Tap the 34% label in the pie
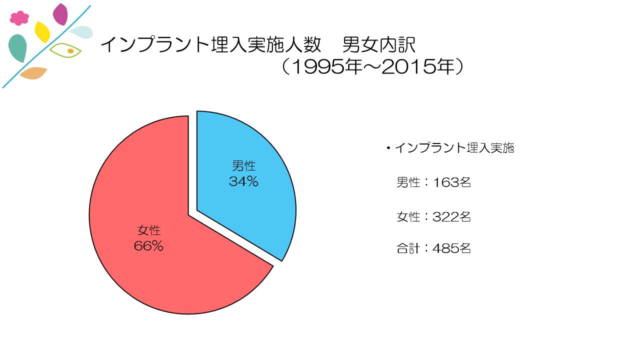tap(243, 181)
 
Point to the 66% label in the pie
tap(148, 246)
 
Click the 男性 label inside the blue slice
tap(243, 166)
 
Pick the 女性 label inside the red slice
tap(149, 230)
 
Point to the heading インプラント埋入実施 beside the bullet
tap(454, 148)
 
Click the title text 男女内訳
tap(379, 45)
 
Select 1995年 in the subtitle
tap(325, 67)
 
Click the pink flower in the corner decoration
tap(19, 18)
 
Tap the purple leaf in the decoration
tap(60, 14)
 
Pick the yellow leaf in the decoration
tap(42, 32)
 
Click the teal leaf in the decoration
tap(17, 48)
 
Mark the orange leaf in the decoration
tap(33, 73)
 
